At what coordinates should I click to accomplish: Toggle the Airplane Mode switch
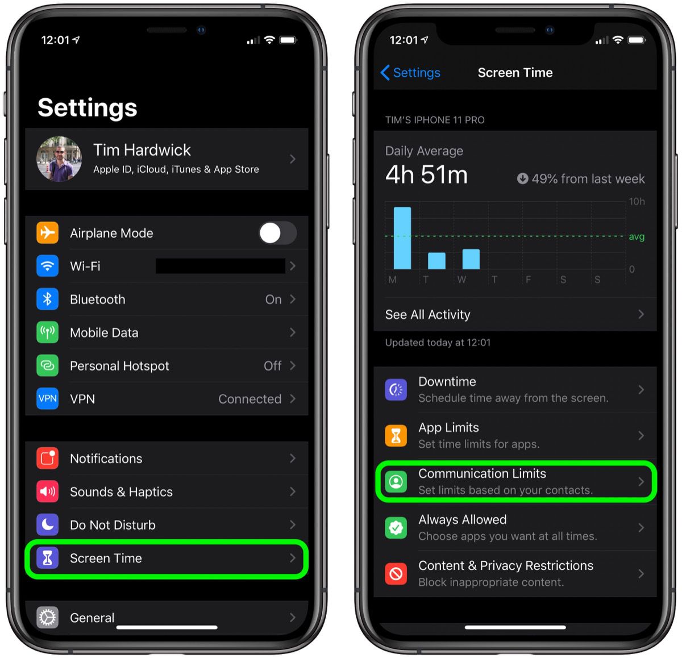tap(277, 233)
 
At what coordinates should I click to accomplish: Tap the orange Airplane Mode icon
tap(48, 233)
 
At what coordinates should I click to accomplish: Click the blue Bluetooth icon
tap(48, 299)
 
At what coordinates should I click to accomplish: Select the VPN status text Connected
tap(249, 399)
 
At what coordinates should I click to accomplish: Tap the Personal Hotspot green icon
tap(48, 366)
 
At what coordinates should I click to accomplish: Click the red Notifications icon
tap(48, 459)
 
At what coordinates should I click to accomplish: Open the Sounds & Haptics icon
tap(48, 492)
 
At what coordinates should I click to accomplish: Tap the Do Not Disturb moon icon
tap(48, 525)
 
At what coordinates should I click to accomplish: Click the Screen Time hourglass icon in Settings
tap(48, 558)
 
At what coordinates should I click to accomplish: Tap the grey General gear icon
tap(48, 617)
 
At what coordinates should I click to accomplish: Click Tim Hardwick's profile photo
tap(59, 159)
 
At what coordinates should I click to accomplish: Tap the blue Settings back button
tap(410, 73)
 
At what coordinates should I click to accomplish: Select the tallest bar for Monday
tap(402, 238)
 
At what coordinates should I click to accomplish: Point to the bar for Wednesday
tap(471, 259)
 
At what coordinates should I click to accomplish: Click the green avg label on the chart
tap(637, 237)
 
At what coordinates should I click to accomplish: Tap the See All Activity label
tap(428, 315)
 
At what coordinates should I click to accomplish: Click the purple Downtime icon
tap(396, 390)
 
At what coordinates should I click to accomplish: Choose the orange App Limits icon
tap(396, 436)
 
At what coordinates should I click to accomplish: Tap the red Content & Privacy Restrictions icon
tap(396, 574)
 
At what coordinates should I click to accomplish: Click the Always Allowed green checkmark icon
tap(396, 528)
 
